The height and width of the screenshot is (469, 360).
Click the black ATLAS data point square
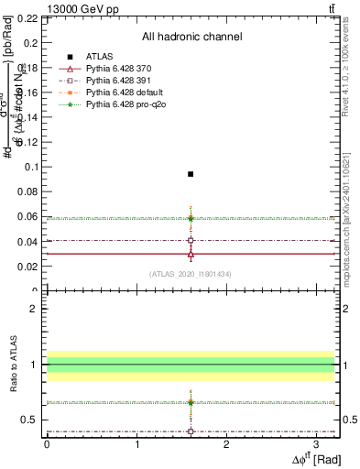(191, 174)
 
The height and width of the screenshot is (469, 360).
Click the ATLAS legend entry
(98, 57)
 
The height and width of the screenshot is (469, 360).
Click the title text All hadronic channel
(191, 37)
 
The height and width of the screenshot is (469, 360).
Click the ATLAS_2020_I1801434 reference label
(191, 274)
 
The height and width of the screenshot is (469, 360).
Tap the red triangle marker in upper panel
(191, 255)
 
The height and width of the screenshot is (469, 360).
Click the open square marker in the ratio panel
(191, 431)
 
